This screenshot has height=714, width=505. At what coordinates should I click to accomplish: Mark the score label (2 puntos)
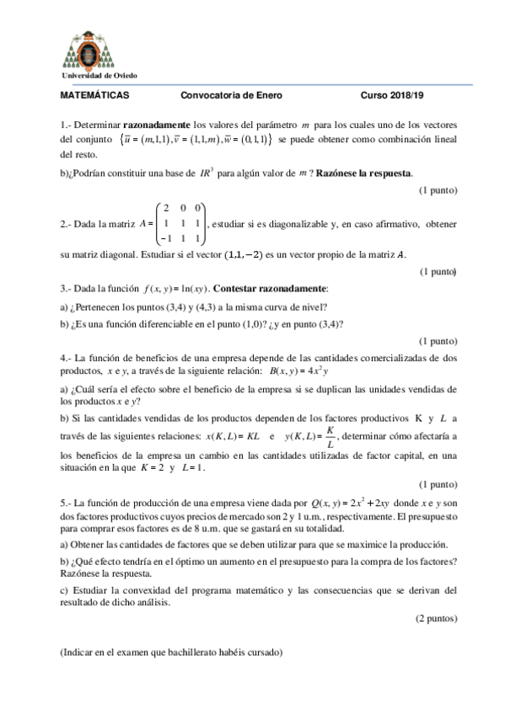[x=436, y=617]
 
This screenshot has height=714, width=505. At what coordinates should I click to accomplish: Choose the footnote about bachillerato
[x=172, y=653]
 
